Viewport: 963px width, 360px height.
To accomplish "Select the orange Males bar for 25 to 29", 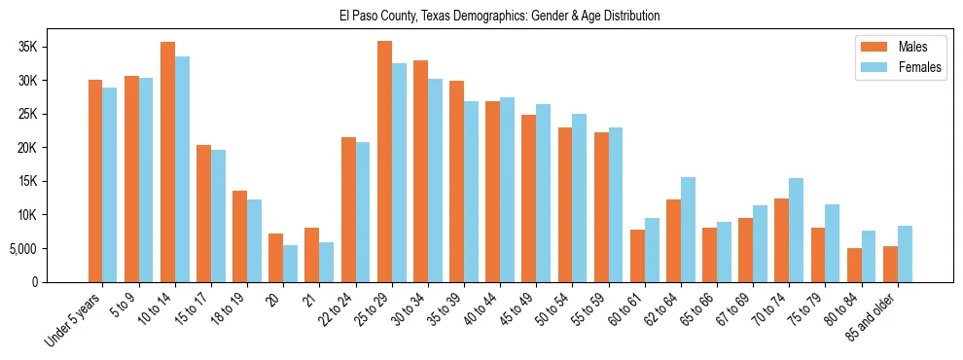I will click(x=384, y=162).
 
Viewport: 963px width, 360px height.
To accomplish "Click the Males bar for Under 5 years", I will click(x=95, y=181).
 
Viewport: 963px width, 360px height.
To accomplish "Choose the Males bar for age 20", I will click(x=275, y=258).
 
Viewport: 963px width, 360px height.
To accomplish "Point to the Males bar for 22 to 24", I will click(x=348, y=209).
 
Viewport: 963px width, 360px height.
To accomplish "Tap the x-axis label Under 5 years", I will click(x=74, y=318).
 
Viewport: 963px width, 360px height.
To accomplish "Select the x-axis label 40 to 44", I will click(x=482, y=309).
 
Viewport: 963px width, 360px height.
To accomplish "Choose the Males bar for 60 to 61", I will click(x=637, y=256).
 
